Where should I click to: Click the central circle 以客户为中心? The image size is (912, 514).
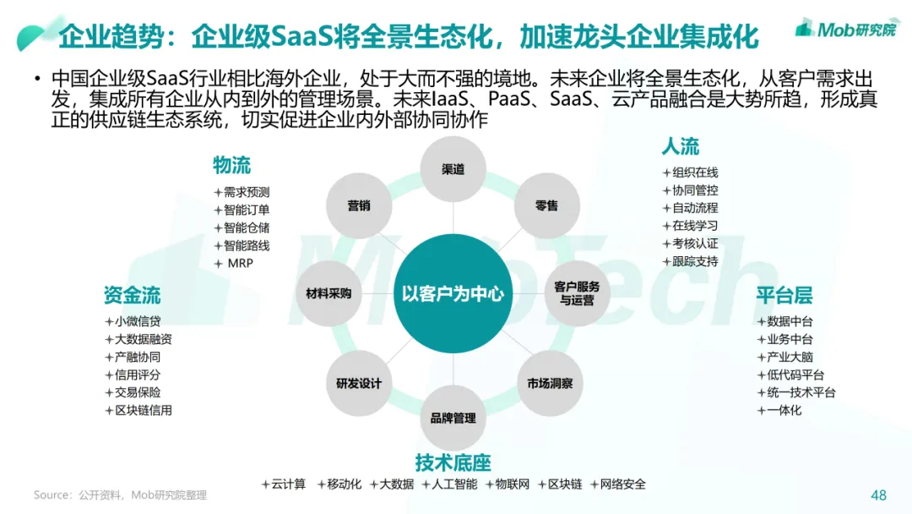coord(453,293)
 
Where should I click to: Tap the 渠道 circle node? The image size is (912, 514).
coord(453,169)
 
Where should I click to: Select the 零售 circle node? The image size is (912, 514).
coord(546,205)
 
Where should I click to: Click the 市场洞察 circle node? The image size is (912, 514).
coord(550,383)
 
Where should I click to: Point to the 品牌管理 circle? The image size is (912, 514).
coord(453,418)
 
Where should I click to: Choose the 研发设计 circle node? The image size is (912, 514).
coord(359,383)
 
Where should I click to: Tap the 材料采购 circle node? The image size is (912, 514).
coord(328,293)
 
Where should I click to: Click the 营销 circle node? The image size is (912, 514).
coord(359,205)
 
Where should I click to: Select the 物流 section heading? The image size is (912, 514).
coord(231,164)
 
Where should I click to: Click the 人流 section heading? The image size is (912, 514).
coord(680,146)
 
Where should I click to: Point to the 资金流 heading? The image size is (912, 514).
coord(132,295)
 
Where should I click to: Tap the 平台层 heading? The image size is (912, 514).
coord(784,295)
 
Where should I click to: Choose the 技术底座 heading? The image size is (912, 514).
coord(453,462)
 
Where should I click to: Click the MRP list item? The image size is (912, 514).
coord(240,263)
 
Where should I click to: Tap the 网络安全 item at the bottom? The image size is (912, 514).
coord(622,484)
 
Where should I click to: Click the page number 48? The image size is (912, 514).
coord(878,495)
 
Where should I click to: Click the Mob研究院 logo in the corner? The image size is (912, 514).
coord(844,30)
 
